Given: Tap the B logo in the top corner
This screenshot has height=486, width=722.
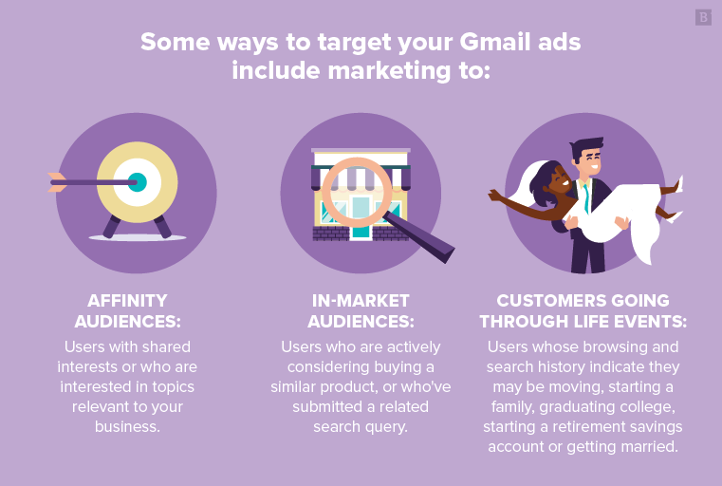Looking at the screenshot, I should coord(703,17).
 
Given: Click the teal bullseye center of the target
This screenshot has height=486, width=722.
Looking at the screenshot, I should coord(138,181).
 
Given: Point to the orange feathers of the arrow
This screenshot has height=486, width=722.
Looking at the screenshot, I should coord(57,181).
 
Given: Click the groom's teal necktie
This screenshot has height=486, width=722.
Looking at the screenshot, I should coord(588,196).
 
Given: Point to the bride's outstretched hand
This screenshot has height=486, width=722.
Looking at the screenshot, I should coord(494,196).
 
